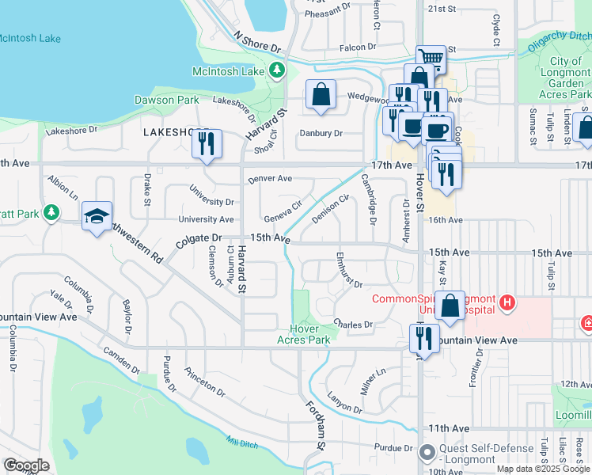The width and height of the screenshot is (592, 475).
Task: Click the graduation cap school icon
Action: coord(97,216)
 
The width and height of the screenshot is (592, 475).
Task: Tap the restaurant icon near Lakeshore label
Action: coord(207,144)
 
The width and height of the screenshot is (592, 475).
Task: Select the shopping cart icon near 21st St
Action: coord(431,58)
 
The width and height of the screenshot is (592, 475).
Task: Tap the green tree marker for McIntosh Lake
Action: coord(276,71)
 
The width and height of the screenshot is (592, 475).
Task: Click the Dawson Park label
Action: coord(166,101)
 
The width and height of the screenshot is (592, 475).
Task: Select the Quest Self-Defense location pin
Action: coord(427,453)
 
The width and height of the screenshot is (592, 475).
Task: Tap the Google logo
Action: coord(26,465)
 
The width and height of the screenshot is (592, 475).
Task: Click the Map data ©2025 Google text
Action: coord(543,469)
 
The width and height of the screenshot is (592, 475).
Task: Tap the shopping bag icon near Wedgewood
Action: coord(321,95)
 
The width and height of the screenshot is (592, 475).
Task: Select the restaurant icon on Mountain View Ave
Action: coord(424,339)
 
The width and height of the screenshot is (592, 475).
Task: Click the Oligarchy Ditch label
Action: coord(559,40)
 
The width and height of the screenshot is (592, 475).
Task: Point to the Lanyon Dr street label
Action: coord(344,402)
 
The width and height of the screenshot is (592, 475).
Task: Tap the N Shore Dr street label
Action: coord(258,41)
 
